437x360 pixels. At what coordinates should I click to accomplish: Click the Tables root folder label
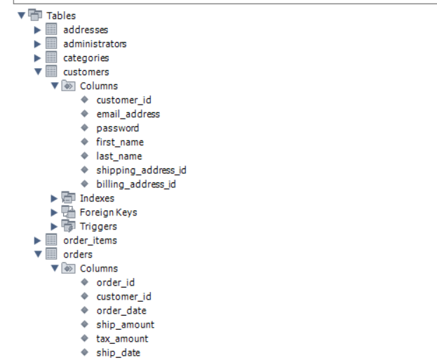pos(61,15)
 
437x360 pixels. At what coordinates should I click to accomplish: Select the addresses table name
pos(86,29)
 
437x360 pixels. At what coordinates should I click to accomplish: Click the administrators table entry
pos(95,44)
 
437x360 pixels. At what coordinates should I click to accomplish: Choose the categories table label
pos(86,58)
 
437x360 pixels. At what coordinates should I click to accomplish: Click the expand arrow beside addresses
pos(38,29)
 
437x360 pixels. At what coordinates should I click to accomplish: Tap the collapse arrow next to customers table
pos(38,72)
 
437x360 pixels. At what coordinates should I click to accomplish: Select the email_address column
pos(128,114)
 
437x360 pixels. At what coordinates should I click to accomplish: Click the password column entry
pos(117,128)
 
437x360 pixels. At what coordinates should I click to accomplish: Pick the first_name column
pos(119,142)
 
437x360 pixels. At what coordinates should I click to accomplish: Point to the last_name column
pos(119,156)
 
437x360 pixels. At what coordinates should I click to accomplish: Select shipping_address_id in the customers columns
pos(141,170)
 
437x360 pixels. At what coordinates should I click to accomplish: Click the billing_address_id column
pos(136,184)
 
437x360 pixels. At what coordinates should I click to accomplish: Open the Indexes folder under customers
pos(97,198)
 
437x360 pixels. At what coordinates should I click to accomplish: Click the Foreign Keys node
pos(108,212)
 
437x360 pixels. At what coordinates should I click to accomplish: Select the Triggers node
pos(98,226)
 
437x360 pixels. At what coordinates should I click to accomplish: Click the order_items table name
pos(90,240)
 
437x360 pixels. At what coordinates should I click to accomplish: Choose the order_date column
pos(121,310)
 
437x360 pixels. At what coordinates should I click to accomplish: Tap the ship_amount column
pos(125,324)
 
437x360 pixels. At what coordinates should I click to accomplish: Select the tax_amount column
pos(122,338)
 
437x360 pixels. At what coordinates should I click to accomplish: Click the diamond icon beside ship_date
pos(84,352)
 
